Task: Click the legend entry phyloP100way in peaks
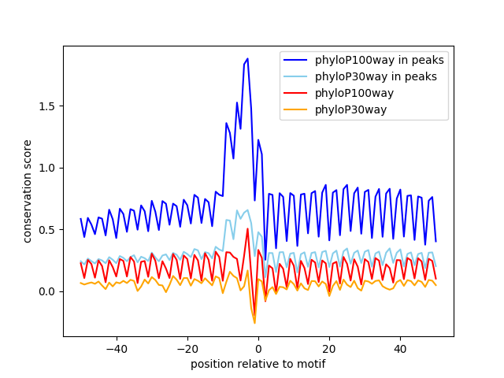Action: click(379, 60)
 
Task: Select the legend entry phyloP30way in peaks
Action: click(376, 76)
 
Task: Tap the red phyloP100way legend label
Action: click(354, 93)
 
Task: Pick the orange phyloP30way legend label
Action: click(350, 109)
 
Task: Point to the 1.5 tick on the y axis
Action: click(48, 106)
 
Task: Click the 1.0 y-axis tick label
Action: click(48, 168)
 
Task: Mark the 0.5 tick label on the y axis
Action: click(48, 230)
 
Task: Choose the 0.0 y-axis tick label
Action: click(48, 291)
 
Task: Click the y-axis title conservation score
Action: click(28, 191)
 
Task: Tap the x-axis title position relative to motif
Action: click(258, 364)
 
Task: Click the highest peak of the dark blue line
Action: click(247, 59)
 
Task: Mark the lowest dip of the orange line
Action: click(254, 323)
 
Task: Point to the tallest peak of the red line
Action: click(247, 229)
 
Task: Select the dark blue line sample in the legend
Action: click(296, 60)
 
